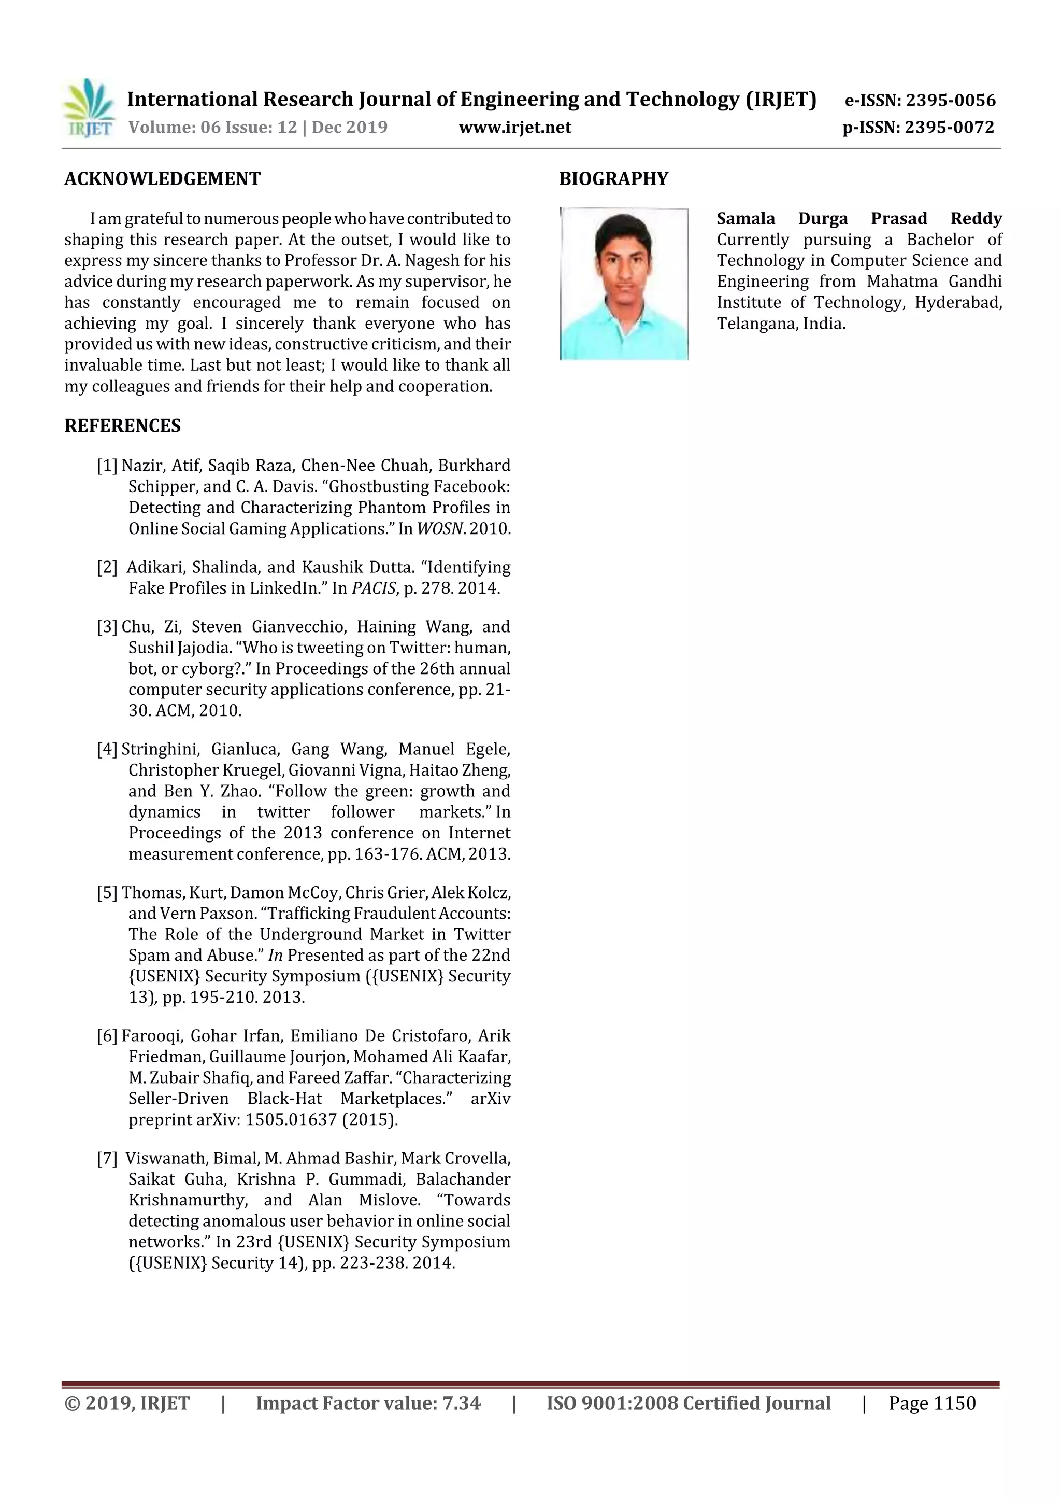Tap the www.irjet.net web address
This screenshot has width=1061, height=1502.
pos(515,127)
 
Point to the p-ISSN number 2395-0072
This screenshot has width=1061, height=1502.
pos(949,127)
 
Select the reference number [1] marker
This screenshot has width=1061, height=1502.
pos(107,466)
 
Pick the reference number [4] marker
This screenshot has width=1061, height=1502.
pos(107,749)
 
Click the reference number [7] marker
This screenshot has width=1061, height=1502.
pos(107,1159)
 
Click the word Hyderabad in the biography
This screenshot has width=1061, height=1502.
pos(958,302)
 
